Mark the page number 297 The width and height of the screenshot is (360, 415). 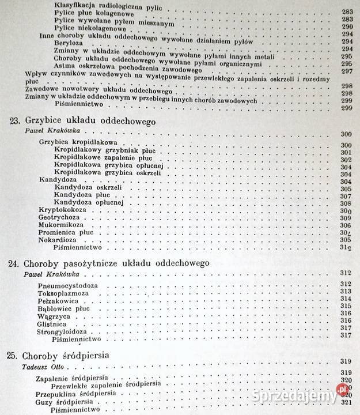[347, 71]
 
